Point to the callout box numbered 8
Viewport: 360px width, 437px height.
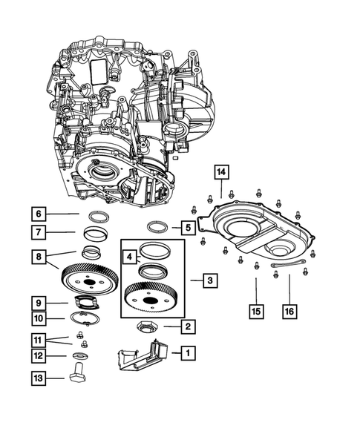(x=39, y=257)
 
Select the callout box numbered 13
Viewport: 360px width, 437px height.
(x=39, y=381)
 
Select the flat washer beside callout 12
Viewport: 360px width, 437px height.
(x=79, y=356)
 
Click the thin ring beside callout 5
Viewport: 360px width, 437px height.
(x=159, y=226)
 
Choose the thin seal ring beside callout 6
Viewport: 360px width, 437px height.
(x=97, y=216)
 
